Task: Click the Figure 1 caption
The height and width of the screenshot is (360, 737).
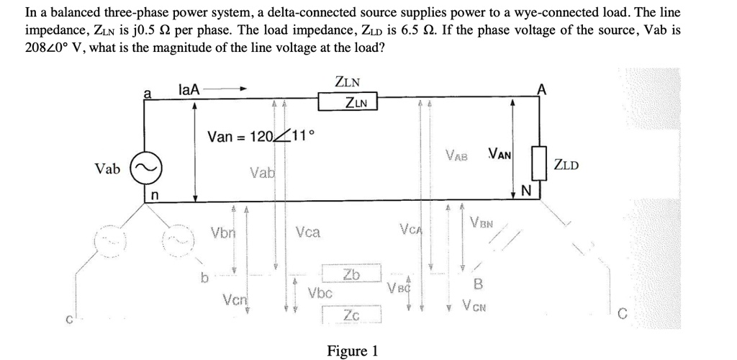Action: click(352, 351)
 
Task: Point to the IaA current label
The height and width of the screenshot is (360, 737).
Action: click(189, 89)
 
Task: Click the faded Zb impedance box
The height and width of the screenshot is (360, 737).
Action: click(351, 274)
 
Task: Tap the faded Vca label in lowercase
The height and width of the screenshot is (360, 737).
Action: click(308, 233)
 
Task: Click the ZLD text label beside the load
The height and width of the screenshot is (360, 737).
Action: click(566, 166)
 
